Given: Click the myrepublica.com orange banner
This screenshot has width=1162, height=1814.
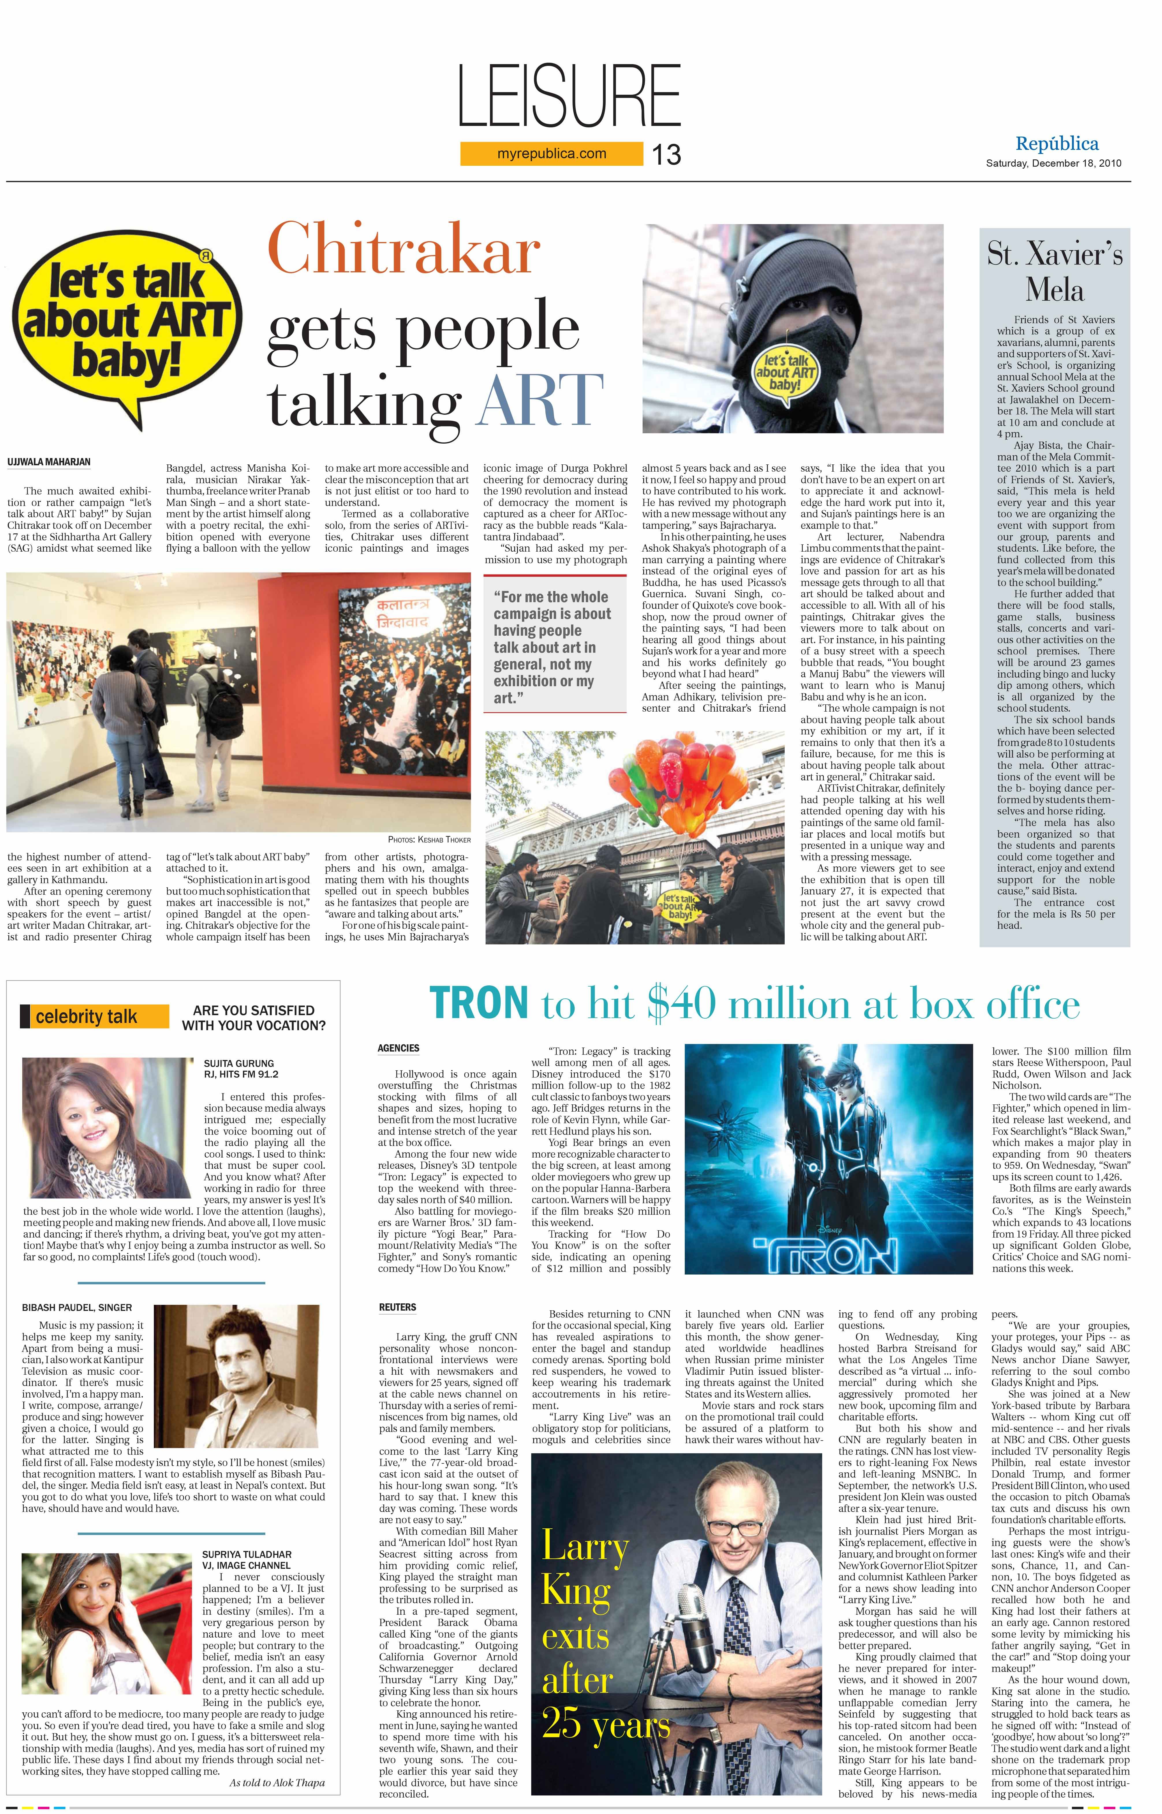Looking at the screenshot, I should click(552, 154).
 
